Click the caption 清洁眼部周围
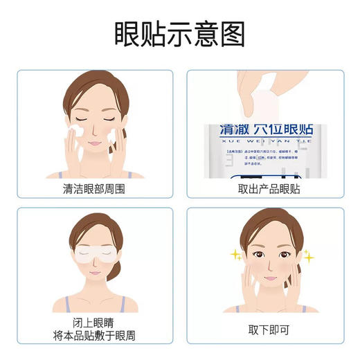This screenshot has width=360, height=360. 93,188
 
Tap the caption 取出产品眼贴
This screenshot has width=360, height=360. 267,188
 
